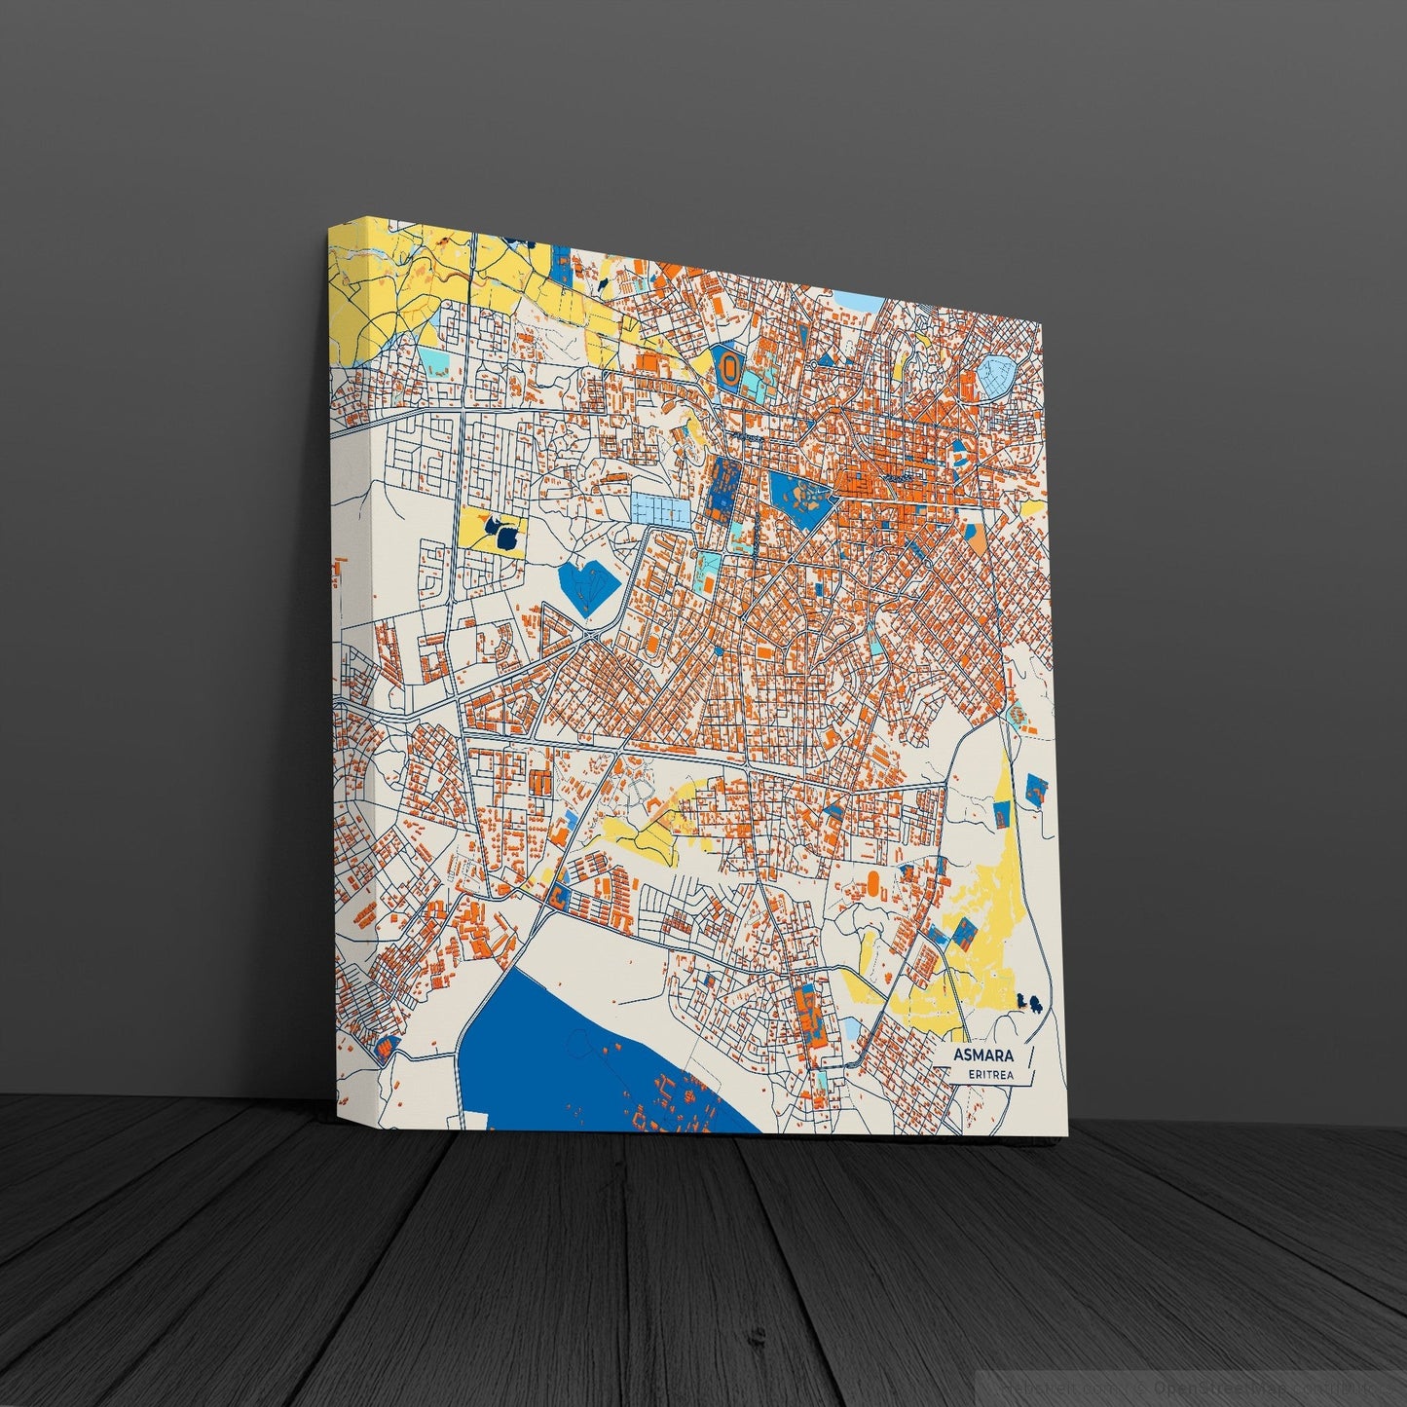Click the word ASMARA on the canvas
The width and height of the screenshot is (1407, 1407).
[983, 1055]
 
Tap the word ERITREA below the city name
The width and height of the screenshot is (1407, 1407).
[990, 1074]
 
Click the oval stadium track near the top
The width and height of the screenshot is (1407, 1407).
[728, 366]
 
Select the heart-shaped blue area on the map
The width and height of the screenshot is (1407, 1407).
[590, 586]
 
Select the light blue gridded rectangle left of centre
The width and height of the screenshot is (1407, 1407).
[658, 507]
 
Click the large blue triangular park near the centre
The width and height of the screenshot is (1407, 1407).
[800, 498]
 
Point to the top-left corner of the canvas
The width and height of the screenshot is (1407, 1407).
[329, 224]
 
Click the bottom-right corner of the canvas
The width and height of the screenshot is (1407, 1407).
[1066, 1135]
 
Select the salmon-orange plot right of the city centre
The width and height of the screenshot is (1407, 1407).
[978, 537]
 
